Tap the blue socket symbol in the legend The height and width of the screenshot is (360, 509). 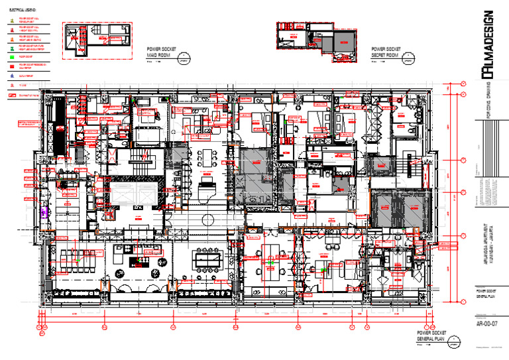tap(12, 76)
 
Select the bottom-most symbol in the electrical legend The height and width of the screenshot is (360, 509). tap(12, 95)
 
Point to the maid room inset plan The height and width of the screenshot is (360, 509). tap(94, 40)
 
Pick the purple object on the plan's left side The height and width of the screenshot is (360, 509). tap(45, 212)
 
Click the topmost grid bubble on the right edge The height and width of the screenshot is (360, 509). tap(463, 84)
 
